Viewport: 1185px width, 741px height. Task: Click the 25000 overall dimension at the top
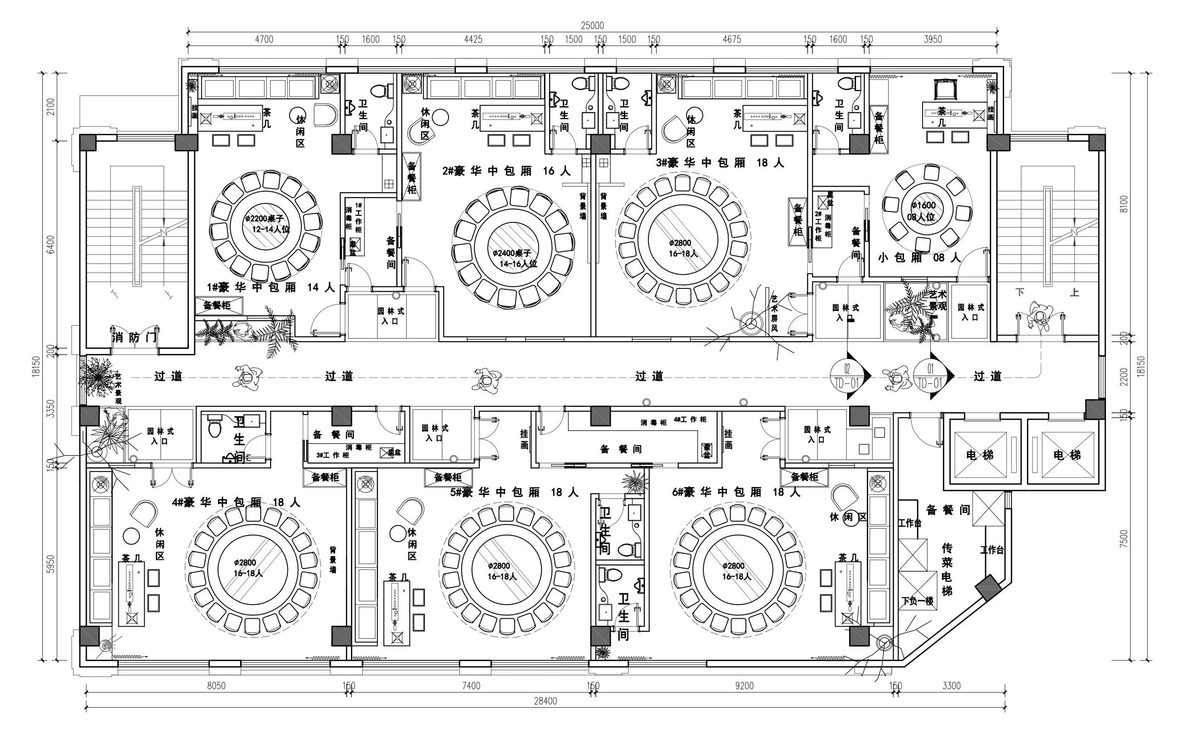click(x=592, y=25)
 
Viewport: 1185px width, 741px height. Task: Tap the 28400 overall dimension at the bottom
click(x=545, y=701)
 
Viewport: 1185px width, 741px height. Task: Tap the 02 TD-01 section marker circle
click(x=847, y=375)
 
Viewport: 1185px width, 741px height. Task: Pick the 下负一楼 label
click(x=917, y=601)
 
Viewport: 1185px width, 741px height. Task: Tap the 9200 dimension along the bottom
click(x=744, y=686)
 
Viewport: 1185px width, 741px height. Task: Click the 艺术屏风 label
click(x=774, y=313)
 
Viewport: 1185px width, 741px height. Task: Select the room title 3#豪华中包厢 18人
click(x=720, y=163)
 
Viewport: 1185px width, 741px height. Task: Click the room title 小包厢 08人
click(x=920, y=258)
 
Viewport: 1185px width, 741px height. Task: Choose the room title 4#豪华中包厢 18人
click(x=236, y=502)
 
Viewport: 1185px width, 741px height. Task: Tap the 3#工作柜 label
click(x=333, y=455)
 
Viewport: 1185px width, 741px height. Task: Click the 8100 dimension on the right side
click(x=1124, y=204)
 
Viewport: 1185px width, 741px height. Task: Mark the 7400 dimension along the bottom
click(x=471, y=686)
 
